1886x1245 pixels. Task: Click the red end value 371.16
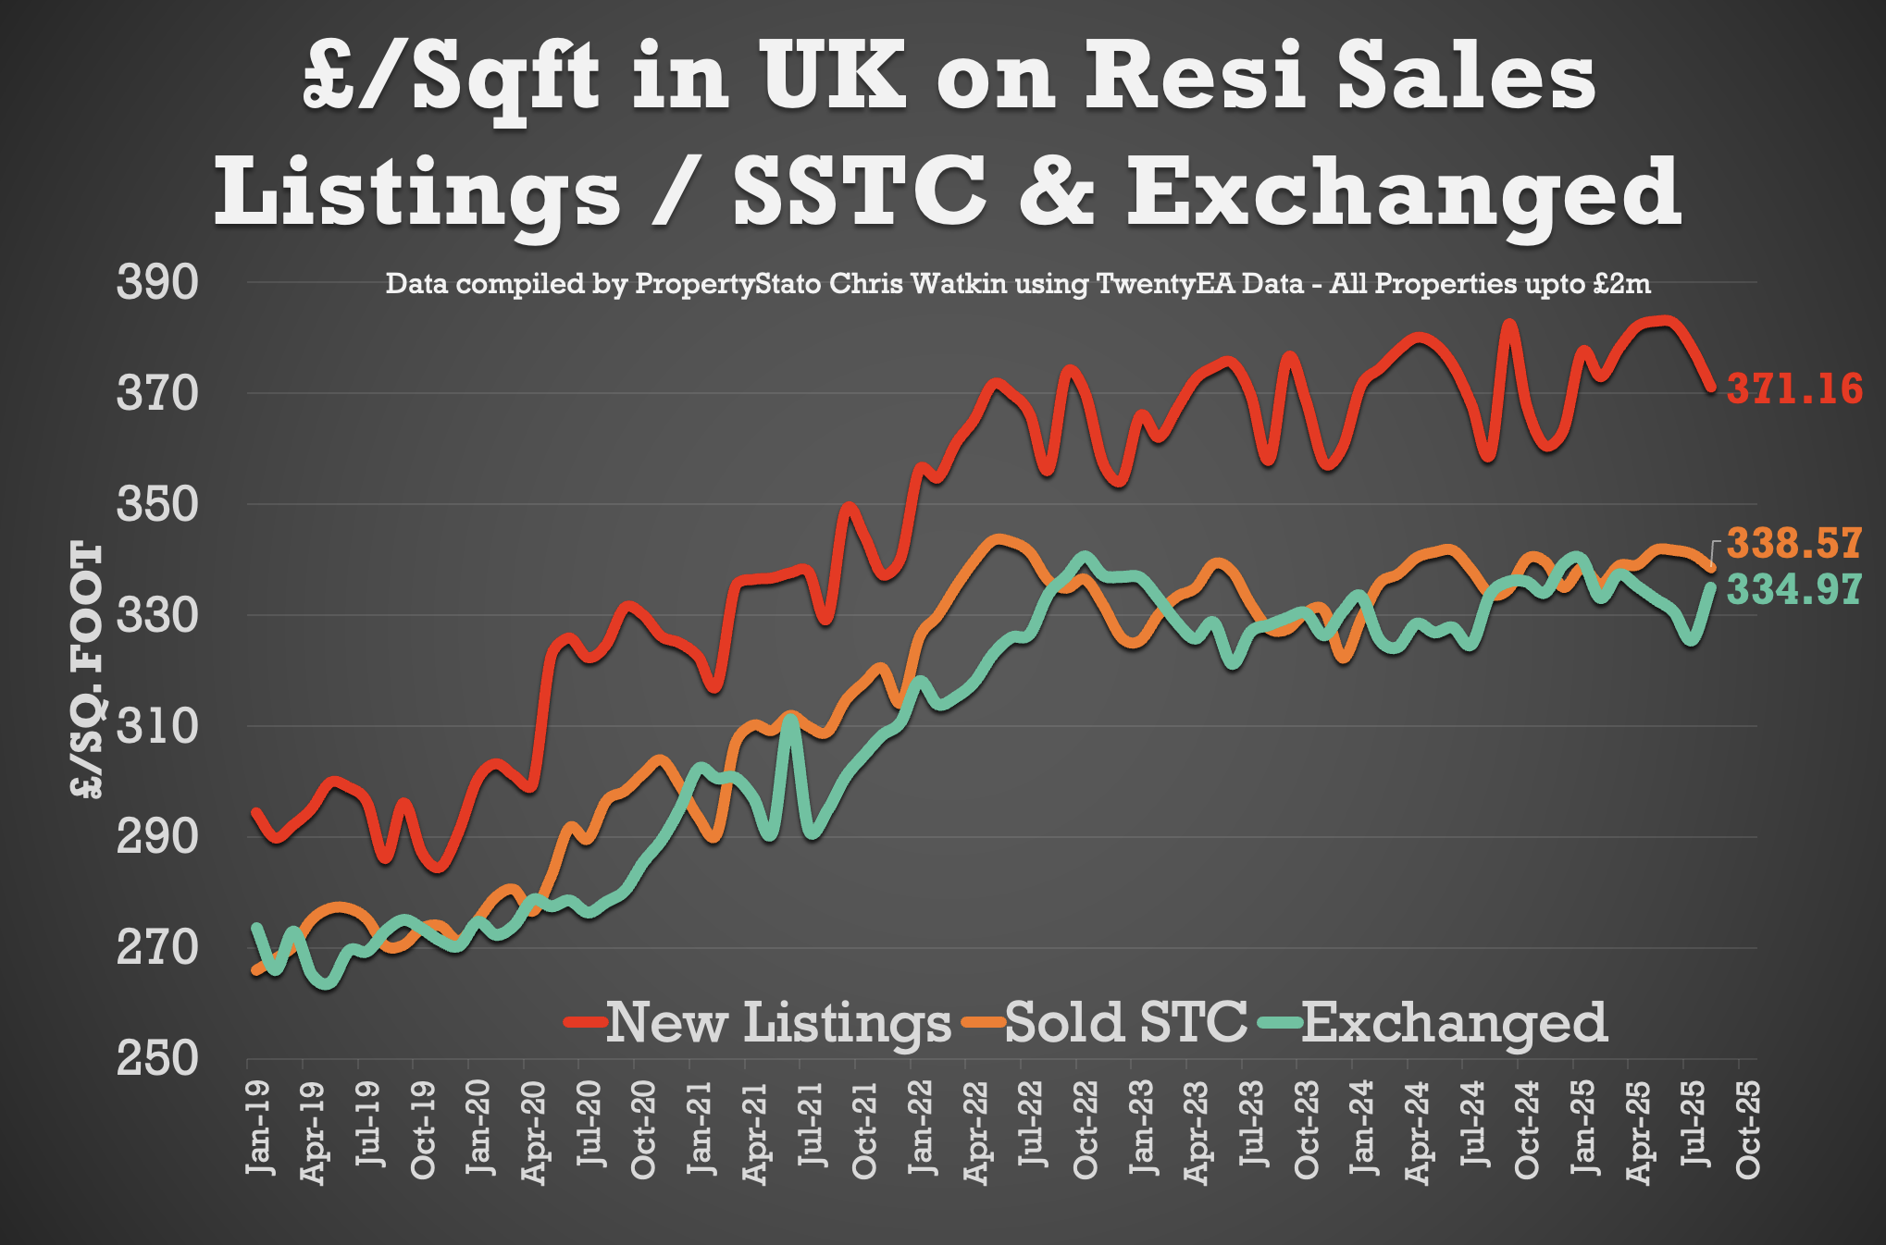pos(1794,388)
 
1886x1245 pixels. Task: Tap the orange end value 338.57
pos(1793,543)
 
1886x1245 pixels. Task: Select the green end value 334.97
pos(1793,589)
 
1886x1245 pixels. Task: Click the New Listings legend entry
pos(759,1023)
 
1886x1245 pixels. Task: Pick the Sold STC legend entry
pos(1107,1023)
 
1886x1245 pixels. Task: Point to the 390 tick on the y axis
pos(156,282)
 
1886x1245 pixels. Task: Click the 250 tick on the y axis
pos(156,1058)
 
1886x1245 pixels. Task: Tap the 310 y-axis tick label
pos(156,726)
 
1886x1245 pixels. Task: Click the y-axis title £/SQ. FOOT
pos(86,670)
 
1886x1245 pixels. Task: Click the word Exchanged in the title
pos(1403,192)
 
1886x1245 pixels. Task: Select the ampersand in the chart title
pos(1056,192)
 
